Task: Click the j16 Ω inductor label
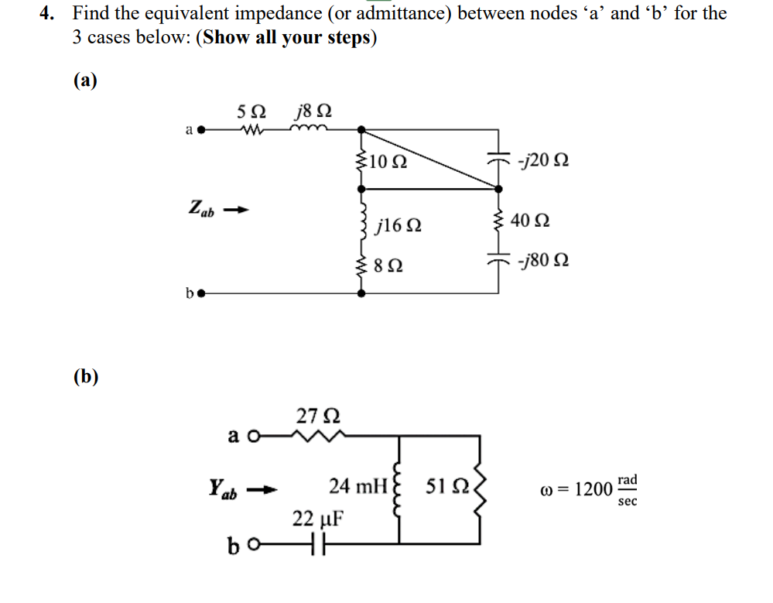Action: (398, 226)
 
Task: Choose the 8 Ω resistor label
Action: (388, 267)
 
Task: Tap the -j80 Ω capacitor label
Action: (546, 261)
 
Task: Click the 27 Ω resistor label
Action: (317, 416)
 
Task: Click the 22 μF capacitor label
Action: (317, 518)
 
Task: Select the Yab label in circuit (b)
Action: (224, 488)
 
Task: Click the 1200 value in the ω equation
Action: (593, 490)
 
